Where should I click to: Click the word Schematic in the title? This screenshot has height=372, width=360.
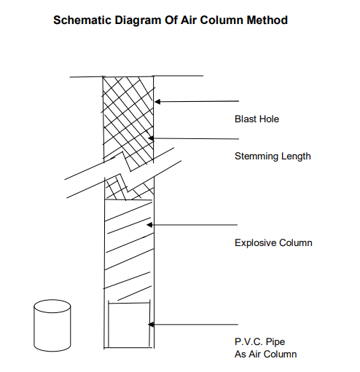point(82,20)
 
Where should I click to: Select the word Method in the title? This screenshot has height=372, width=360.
point(267,20)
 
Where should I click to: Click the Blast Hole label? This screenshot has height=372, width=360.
point(257,119)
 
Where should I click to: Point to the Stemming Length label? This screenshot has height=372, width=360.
point(273,156)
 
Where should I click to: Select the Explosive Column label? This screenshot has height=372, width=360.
point(273,242)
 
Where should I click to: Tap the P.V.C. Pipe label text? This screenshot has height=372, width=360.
point(259,341)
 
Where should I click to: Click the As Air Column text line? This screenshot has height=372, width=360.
point(265,354)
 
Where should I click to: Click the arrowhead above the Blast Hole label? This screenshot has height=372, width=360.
point(157,101)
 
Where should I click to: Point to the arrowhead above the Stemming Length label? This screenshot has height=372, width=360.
point(151,138)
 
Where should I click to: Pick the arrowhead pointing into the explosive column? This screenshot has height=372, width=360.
point(149,225)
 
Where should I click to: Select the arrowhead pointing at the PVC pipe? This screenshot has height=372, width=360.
point(151,325)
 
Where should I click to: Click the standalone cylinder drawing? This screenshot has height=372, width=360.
point(52,325)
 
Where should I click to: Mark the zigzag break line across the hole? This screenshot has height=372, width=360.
point(123,173)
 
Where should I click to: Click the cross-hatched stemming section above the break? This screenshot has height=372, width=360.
point(128,119)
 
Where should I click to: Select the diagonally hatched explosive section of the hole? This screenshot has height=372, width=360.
point(129,250)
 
